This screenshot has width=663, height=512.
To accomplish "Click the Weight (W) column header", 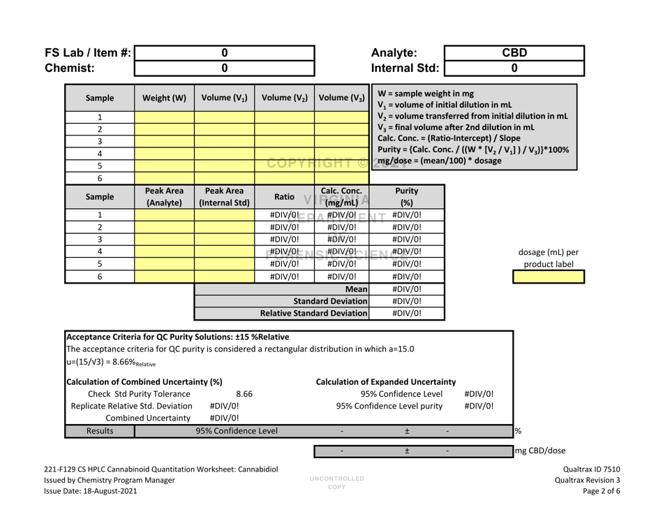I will coord(158,96).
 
